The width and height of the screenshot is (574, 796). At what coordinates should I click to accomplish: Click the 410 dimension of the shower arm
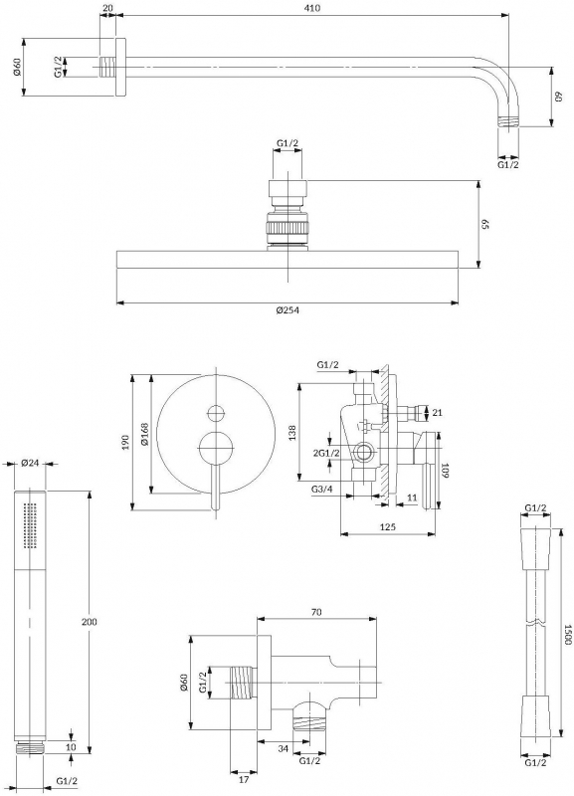(313, 8)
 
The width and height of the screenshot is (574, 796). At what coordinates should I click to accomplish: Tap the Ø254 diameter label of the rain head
(287, 310)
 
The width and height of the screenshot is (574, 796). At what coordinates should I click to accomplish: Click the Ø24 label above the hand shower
(30, 463)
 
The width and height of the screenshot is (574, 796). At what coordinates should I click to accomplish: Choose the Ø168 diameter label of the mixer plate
(144, 434)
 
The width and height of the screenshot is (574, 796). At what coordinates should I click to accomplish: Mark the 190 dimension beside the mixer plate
(126, 442)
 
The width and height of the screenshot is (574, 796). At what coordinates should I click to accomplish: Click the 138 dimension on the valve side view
(292, 433)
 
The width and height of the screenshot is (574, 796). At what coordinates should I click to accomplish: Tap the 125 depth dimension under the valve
(387, 527)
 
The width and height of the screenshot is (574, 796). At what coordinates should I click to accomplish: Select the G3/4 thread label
(322, 489)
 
